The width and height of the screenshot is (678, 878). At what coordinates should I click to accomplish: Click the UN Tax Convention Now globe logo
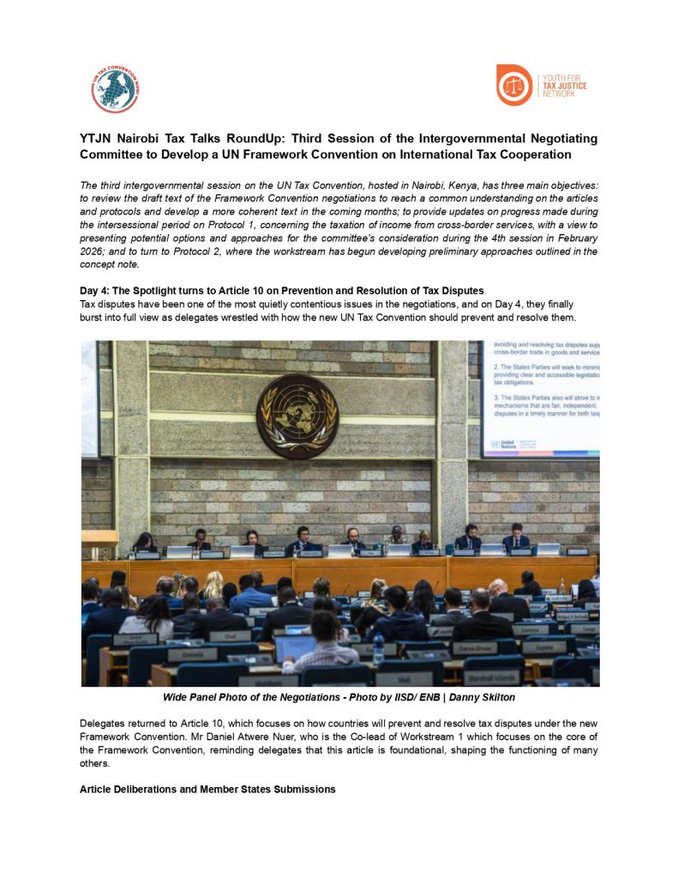coord(116,87)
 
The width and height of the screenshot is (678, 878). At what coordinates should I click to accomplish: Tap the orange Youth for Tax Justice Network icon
coord(514,84)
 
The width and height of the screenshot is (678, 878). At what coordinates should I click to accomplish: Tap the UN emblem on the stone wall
coord(297,416)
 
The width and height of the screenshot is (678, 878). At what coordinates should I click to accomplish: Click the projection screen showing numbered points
coord(540,399)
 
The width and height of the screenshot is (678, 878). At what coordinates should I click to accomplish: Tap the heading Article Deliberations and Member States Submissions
coord(207,789)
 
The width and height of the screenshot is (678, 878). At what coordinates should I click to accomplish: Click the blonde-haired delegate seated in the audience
coord(212,586)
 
